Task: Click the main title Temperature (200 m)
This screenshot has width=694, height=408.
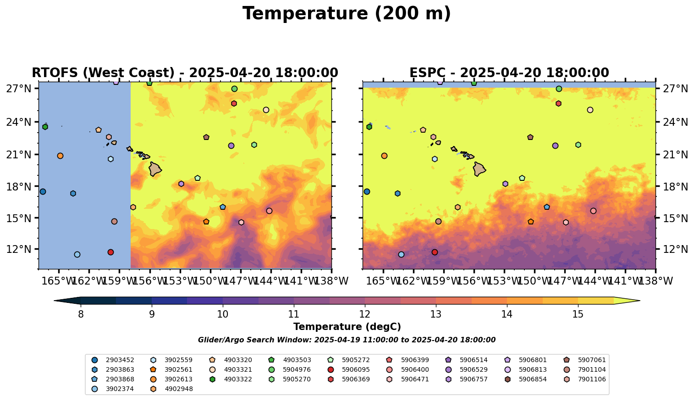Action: click(347, 14)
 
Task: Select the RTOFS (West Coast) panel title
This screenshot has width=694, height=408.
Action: click(185, 73)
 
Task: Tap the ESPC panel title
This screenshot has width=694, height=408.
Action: click(509, 73)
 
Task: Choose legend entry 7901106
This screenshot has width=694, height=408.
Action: click(592, 379)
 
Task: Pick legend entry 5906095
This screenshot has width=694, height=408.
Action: click(355, 369)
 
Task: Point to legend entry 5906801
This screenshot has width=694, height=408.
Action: click(533, 360)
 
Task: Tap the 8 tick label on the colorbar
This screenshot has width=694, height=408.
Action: click(81, 314)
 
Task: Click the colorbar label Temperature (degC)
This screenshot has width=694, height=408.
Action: click(347, 327)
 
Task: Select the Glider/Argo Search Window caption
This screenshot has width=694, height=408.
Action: click(347, 340)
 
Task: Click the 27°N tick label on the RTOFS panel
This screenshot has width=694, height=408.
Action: click(19, 89)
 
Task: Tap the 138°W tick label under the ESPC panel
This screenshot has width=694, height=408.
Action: click(655, 281)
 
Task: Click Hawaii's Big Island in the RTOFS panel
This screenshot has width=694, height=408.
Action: click(154, 169)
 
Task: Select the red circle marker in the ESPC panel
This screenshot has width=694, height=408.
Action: click(435, 252)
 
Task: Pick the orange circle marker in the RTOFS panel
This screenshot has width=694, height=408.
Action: click(60, 156)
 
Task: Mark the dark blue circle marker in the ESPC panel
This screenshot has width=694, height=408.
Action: click(367, 191)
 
